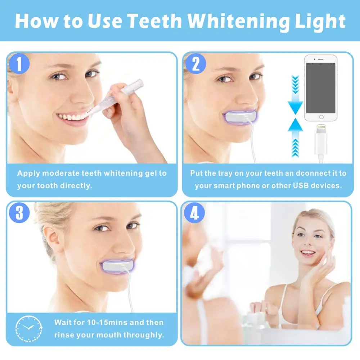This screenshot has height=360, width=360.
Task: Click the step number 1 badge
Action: point(19,64)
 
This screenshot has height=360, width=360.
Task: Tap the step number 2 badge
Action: point(195,64)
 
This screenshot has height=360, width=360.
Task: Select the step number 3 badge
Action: point(19,213)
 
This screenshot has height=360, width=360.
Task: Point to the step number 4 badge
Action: point(194,213)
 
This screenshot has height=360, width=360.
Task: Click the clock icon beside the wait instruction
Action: point(29,329)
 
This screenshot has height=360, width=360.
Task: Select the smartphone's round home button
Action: point(321,117)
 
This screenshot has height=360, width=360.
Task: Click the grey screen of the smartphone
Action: point(321,88)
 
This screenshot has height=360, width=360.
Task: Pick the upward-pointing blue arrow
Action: point(295,138)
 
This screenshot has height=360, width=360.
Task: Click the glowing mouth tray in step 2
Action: point(240,117)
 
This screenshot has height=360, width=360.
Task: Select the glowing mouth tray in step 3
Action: point(118,267)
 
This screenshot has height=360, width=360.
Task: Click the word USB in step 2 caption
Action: point(301,185)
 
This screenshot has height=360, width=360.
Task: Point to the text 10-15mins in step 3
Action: point(107,322)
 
